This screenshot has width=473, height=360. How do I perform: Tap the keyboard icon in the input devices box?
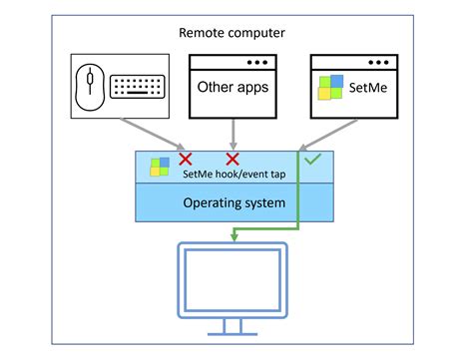tap(138, 87)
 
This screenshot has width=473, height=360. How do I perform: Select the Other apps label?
tap(232, 88)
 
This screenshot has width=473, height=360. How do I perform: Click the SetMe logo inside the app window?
tap(331, 88)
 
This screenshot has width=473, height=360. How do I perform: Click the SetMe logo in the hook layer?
tap(160, 167)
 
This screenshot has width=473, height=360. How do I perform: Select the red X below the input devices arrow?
tap(184, 159)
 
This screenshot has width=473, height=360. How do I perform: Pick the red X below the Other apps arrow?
tap(233, 159)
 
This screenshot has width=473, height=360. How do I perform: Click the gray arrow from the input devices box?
tap(150, 133)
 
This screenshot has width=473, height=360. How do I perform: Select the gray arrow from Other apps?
tap(233, 133)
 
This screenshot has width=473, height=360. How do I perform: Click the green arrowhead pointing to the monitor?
tap(232, 236)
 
